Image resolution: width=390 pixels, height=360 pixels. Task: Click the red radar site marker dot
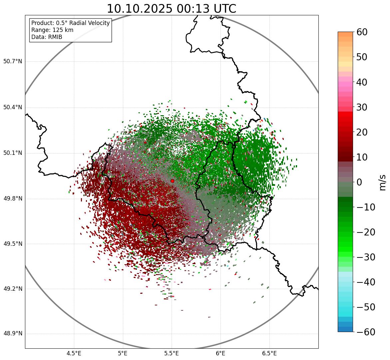tap(172, 181)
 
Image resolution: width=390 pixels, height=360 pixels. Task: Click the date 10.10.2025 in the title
tap(140, 9)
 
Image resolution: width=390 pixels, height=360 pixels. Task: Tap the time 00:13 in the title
tap(192, 9)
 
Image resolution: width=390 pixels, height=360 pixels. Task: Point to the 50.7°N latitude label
tap(13, 62)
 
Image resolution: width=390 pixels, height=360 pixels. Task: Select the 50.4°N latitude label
tap(13, 108)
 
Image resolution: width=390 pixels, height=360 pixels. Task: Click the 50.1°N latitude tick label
tap(13, 153)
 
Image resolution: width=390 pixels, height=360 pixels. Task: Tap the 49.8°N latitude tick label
tap(13, 199)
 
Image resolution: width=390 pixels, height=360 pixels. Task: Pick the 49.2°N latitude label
tap(13, 289)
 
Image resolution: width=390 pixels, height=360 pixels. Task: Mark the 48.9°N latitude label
tap(13, 334)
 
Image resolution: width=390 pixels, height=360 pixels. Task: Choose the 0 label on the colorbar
tap(359, 182)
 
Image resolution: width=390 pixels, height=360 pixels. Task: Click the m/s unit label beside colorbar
tap(382, 182)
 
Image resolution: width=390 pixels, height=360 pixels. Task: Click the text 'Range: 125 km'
tap(52, 30)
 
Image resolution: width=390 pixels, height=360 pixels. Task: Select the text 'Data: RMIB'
tap(47, 37)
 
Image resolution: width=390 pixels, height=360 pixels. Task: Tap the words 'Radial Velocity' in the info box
tap(90, 23)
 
